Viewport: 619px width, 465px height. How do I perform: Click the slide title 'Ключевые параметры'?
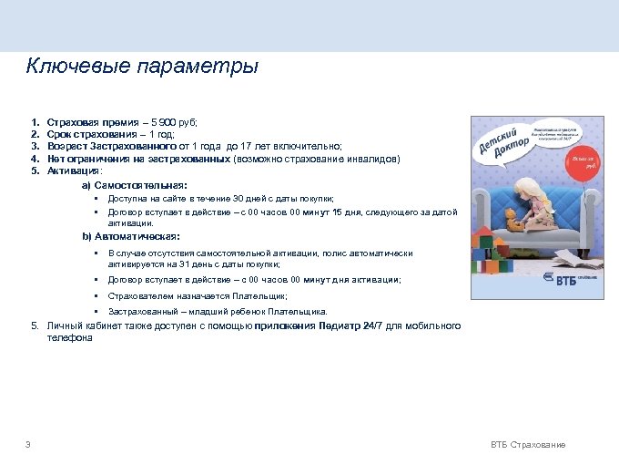coord(142,67)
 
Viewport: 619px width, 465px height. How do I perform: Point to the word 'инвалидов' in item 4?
coord(372,158)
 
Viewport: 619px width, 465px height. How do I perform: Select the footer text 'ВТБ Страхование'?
coord(528,444)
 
